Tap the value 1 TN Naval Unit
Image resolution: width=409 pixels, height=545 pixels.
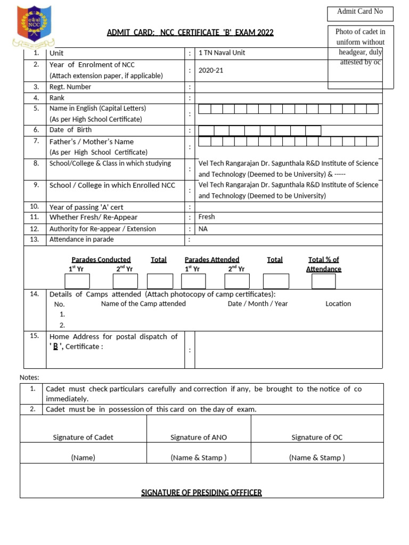coord(222,53)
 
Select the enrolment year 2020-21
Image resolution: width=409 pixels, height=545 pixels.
coord(211,70)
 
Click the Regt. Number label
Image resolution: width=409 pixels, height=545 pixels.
coord(70,87)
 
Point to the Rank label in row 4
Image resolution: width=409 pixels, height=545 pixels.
coord(57,98)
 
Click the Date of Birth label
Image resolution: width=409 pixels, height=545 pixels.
coord(70,130)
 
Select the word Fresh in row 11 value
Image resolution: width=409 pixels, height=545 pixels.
coord(207,217)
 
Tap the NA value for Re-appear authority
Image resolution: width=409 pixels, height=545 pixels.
coord(203,229)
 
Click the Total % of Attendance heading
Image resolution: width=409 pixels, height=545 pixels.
coord(324,264)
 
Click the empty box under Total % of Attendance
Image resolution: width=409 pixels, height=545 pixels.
coord(324,281)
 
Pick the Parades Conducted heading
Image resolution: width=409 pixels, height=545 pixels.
coord(101,260)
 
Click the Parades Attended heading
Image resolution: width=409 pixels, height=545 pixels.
coord(212,260)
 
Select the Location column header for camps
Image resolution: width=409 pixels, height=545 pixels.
coord(338,304)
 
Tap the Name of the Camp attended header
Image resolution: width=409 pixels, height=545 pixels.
coord(143,304)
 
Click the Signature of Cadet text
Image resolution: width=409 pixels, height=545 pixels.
coord(83,437)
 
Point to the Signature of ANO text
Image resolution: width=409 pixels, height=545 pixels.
coord(199,437)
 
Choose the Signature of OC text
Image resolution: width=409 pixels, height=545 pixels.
coord(317,437)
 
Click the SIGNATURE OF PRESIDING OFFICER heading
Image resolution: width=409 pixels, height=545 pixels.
coord(201,493)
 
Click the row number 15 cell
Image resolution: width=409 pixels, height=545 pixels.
coord(35,336)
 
